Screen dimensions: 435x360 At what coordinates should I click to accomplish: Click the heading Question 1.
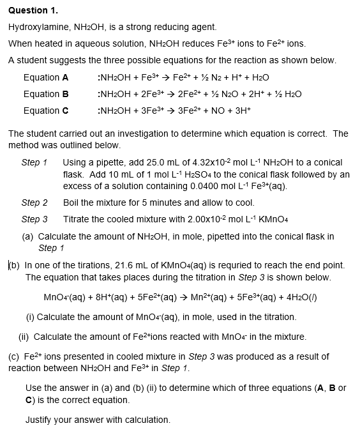coord(30,11)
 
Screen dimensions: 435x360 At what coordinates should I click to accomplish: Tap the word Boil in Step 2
coord(72,202)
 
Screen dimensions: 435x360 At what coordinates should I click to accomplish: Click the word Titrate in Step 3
coord(78,218)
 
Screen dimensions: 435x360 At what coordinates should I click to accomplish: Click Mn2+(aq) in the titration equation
coord(199,297)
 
